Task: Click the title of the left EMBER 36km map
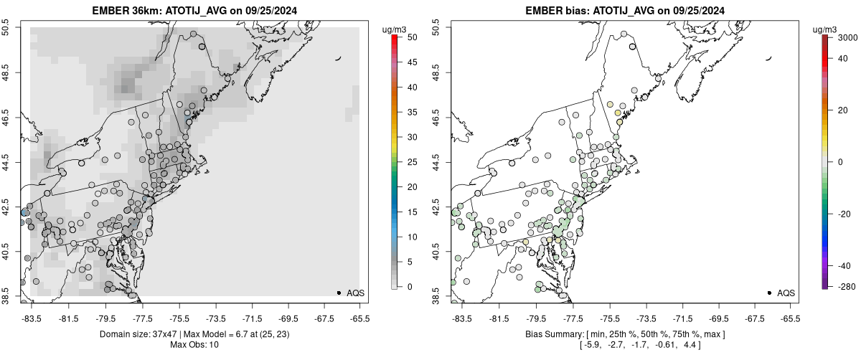pos(194,11)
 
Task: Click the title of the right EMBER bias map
pos(625,11)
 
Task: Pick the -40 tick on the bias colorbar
pos(840,266)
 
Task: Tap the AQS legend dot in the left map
pos(339,293)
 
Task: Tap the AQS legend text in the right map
pos(786,293)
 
